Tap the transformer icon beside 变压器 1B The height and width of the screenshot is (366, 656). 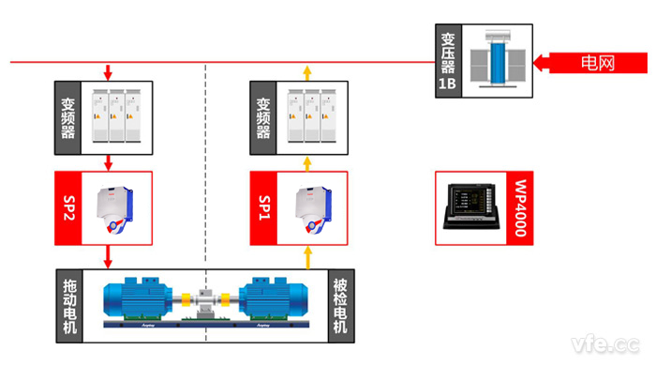496,59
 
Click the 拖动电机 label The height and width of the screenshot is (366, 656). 68,305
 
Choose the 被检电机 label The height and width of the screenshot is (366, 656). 340,305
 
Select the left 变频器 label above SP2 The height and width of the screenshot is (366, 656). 68,118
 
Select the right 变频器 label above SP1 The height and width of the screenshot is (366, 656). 264,118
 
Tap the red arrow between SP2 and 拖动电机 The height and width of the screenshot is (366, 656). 110,255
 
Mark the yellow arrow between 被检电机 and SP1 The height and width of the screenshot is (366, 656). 306,255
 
